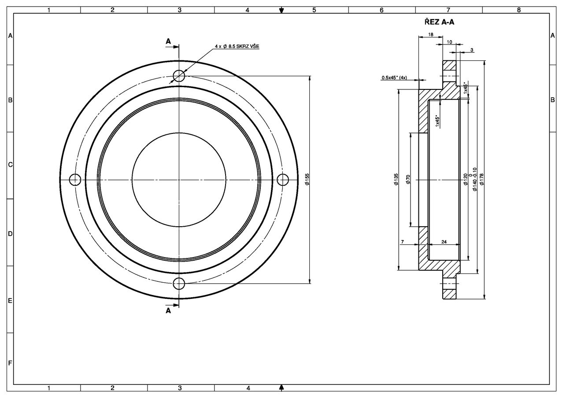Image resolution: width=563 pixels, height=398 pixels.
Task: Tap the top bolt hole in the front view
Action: (179, 76)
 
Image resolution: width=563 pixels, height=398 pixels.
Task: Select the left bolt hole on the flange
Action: (75, 180)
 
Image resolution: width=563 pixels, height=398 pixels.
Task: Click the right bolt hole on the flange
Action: (283, 180)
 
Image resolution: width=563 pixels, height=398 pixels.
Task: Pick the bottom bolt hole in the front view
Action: (179, 284)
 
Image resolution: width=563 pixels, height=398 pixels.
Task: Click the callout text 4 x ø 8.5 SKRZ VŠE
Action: (237, 46)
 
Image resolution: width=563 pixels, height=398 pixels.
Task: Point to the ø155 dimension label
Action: (307, 179)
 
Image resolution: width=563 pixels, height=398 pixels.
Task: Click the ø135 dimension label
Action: (396, 179)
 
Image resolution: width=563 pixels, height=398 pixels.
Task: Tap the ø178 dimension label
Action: (482, 179)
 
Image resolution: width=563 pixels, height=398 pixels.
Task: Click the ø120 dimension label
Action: (465, 179)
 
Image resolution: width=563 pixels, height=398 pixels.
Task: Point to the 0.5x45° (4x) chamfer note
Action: (394, 78)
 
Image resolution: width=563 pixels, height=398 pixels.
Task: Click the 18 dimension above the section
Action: (430, 34)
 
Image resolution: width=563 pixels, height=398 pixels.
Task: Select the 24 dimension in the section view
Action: (444, 242)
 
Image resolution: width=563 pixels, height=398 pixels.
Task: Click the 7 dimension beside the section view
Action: (402, 242)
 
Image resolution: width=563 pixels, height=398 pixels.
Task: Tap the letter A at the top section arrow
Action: (168, 41)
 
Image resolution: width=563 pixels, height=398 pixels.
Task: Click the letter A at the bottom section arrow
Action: (168, 310)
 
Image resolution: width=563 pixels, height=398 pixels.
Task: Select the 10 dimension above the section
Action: (449, 42)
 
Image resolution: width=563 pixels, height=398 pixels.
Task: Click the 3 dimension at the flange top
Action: (472, 50)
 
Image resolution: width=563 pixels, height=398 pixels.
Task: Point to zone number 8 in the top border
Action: (519, 9)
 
